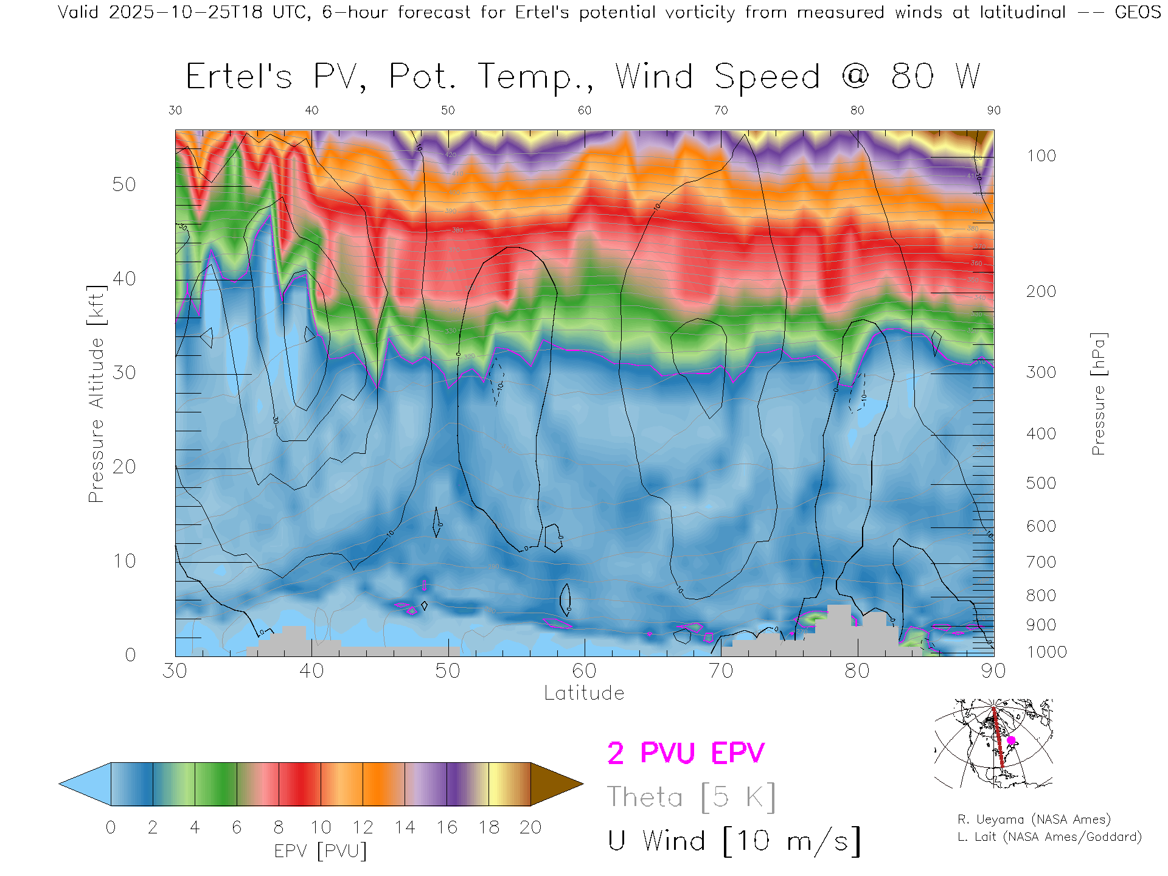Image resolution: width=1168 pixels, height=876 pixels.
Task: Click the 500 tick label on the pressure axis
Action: (x=1041, y=483)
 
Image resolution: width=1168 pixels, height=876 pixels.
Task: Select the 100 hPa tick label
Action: (x=1041, y=156)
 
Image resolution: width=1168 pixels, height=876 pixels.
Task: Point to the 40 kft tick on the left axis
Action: (x=124, y=279)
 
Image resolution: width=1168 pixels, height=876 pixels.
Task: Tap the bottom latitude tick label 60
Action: (x=584, y=670)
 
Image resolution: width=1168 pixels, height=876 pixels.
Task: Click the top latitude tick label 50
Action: (x=448, y=110)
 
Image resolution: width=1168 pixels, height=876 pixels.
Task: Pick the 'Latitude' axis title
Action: (x=584, y=693)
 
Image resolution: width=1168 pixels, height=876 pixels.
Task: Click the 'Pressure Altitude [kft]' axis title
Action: (x=97, y=394)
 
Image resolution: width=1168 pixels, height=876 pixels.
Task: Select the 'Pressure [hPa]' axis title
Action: (x=1098, y=394)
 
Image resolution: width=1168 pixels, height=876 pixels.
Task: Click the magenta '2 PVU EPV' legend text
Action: (x=686, y=753)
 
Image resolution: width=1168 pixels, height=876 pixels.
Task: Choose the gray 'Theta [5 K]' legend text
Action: (x=691, y=797)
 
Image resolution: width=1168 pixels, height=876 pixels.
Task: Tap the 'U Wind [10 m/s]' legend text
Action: (x=734, y=841)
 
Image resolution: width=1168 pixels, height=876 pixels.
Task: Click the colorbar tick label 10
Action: (x=321, y=827)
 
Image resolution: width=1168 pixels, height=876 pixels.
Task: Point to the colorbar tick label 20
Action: (x=530, y=827)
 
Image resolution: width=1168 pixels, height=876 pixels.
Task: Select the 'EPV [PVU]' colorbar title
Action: (x=321, y=851)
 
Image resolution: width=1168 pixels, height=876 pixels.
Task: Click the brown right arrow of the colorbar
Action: (x=555, y=784)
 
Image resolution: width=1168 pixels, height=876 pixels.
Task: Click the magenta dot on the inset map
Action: (x=1011, y=740)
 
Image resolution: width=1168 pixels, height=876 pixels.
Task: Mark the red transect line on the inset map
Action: (x=998, y=737)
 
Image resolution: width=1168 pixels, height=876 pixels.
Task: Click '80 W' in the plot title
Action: (x=936, y=77)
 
